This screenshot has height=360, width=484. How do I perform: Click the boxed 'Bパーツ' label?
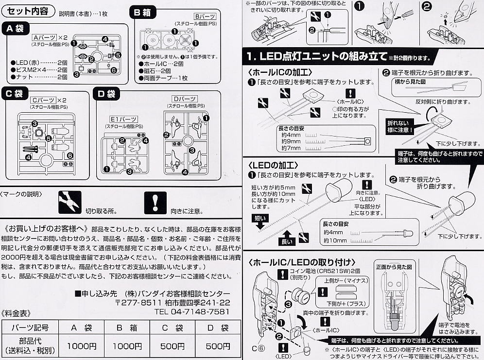[x=203, y=16]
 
